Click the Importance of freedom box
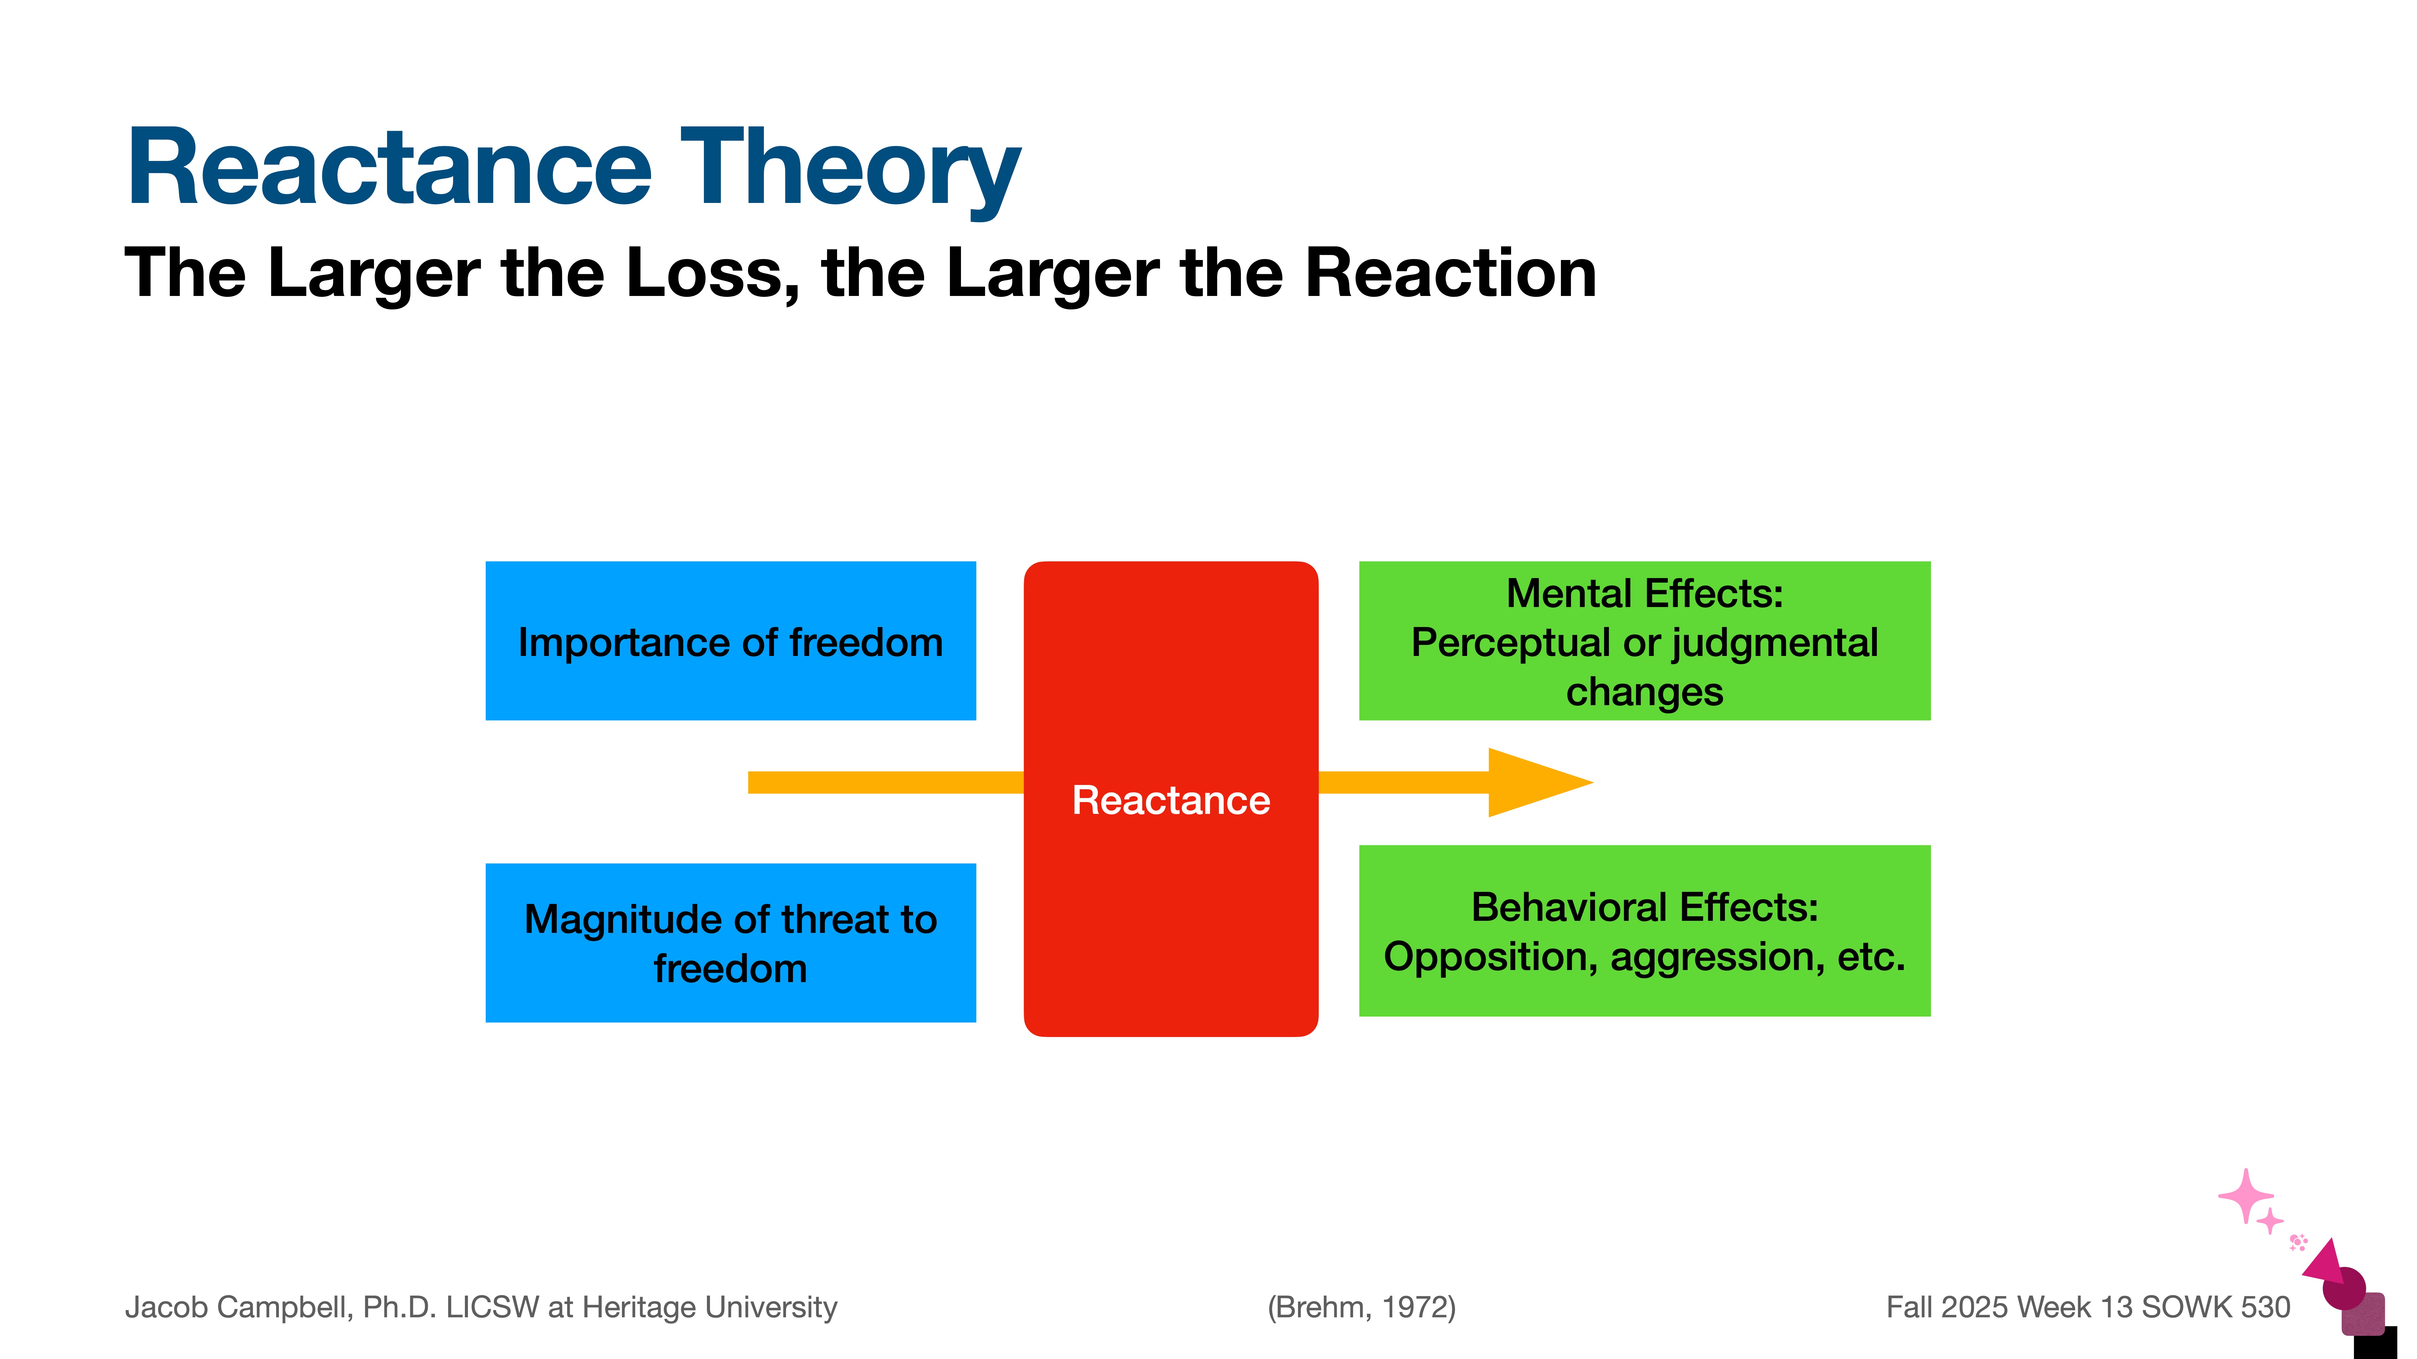730,641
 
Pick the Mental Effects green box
1644,641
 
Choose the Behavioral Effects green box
1644,930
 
